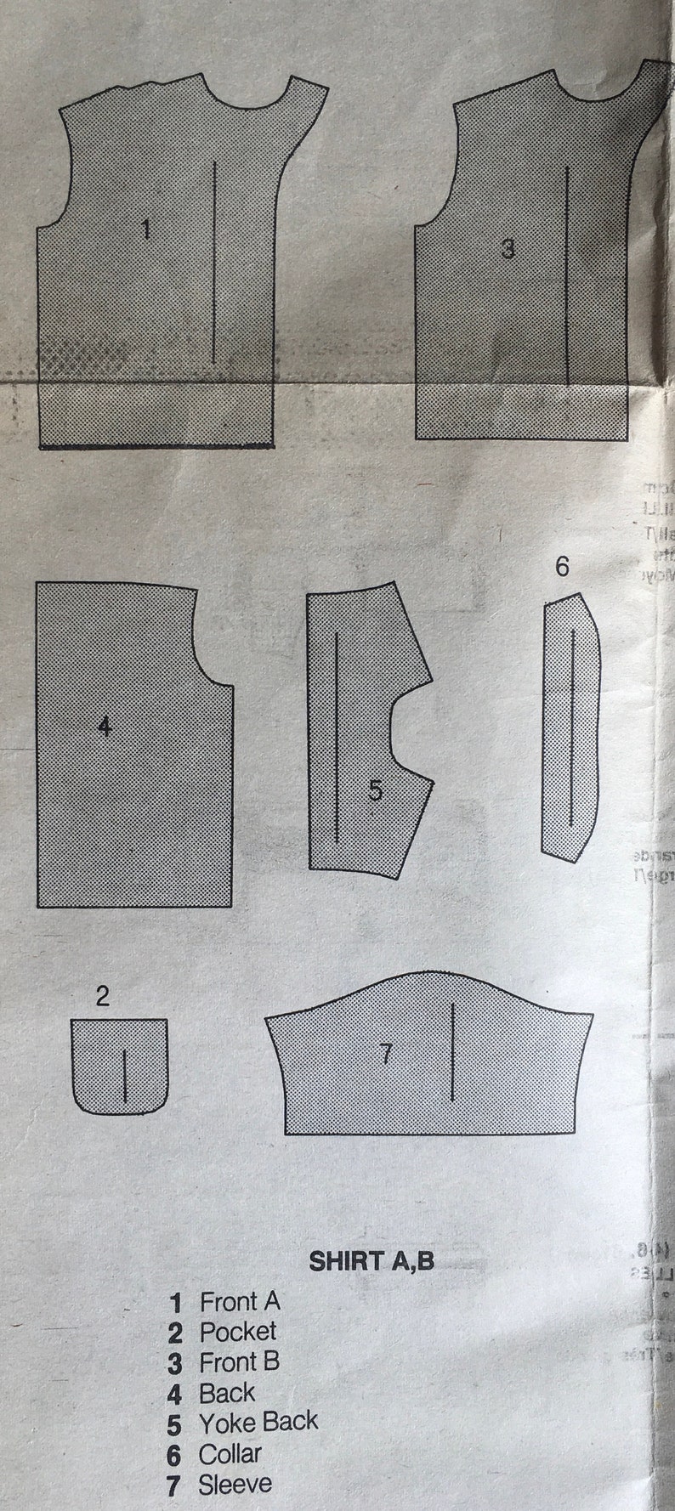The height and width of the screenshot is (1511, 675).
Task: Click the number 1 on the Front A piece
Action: click(x=145, y=229)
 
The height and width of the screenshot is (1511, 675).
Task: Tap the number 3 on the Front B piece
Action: click(x=508, y=249)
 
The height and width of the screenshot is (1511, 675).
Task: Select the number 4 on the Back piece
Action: click(x=104, y=727)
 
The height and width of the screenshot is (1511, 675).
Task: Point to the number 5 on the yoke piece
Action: click(x=375, y=790)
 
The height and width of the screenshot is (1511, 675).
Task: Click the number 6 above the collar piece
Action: click(x=562, y=566)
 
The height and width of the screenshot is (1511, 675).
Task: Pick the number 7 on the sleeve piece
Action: click(x=386, y=1054)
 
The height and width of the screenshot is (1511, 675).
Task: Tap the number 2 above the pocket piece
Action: click(x=103, y=996)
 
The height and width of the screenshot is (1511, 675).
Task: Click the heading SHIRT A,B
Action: click(x=371, y=1261)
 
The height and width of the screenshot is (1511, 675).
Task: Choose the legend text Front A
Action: click(x=240, y=1302)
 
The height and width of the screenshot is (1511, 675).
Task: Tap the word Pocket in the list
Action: click(x=238, y=1332)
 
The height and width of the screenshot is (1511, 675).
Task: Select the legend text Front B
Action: click(x=239, y=1362)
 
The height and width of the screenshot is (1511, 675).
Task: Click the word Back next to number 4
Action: click(x=227, y=1393)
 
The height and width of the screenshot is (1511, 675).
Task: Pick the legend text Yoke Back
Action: click(x=258, y=1423)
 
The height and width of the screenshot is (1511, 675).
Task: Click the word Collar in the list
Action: click(x=230, y=1454)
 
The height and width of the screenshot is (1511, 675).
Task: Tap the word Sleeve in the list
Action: click(x=235, y=1485)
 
